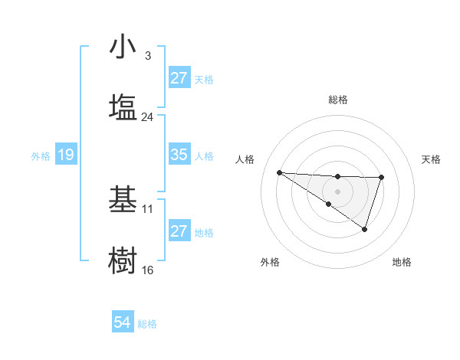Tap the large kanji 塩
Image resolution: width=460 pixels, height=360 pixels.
(123, 106)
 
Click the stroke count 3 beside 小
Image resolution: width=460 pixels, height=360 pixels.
(148, 56)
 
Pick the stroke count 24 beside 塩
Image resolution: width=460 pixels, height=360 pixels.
(148, 117)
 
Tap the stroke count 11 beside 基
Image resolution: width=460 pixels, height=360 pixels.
(148, 208)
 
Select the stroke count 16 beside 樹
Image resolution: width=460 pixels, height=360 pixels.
(148, 270)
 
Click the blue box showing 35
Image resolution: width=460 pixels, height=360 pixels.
(179, 155)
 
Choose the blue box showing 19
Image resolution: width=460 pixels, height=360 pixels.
(65, 155)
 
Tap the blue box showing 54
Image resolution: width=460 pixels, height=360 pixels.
(123, 323)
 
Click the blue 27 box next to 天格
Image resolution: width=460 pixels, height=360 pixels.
(179, 78)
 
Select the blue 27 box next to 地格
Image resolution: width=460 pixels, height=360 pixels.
(179, 231)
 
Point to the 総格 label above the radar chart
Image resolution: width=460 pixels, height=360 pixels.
(337, 100)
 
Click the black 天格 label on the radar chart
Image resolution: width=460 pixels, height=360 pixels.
(432, 159)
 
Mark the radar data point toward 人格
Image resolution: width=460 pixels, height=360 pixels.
(279, 172)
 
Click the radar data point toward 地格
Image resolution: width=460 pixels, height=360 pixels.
(365, 229)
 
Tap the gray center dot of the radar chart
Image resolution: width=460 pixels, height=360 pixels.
(337, 191)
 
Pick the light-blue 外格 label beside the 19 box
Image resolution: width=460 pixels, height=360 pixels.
(41, 155)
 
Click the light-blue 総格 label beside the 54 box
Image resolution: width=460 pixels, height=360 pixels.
(147, 324)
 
